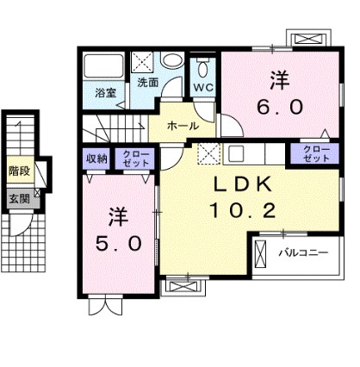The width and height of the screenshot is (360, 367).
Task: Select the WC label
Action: (202, 88)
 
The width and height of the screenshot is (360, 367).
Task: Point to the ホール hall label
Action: (183, 126)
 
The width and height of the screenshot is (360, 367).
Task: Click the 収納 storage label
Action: (96, 158)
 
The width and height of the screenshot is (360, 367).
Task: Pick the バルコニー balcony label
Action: (302, 253)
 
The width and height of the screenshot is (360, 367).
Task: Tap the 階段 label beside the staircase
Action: (18, 169)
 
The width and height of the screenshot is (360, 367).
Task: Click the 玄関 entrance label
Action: (18, 198)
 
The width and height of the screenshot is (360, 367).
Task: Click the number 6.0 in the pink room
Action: (279, 109)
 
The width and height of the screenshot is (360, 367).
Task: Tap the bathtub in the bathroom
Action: (106, 65)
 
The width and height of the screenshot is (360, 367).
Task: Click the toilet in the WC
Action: (203, 69)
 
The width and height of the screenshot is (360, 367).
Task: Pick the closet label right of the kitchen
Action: (316, 153)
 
